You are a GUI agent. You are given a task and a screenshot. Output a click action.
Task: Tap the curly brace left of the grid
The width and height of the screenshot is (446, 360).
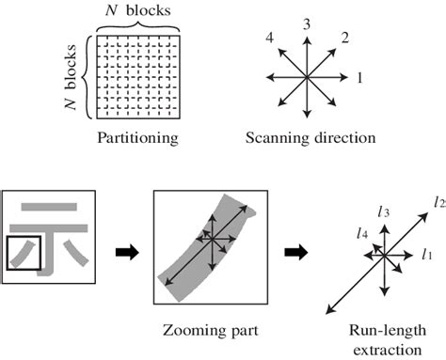coord(87,77)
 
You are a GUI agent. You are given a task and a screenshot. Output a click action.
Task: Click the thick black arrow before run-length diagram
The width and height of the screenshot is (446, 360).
coord(295,251)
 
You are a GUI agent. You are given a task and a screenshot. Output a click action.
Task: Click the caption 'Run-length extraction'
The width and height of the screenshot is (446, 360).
coord(381,339)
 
